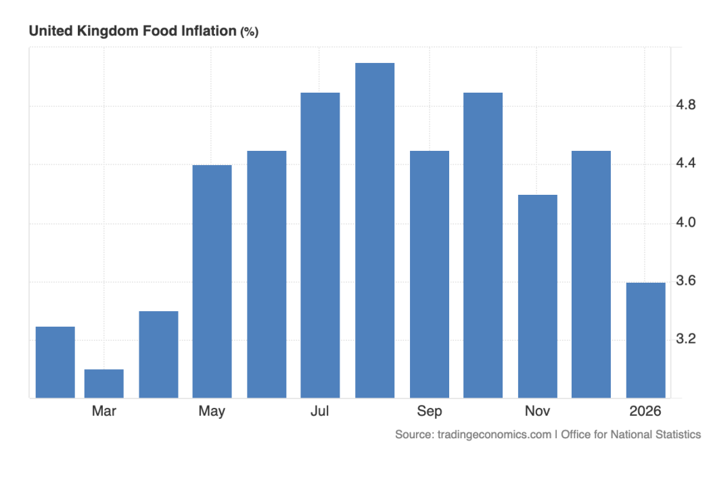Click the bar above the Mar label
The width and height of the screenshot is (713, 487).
pos(103,384)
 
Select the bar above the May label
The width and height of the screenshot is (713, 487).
pos(212,281)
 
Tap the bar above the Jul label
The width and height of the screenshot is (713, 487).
pos(320,245)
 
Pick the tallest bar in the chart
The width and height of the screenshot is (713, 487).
pos(375,230)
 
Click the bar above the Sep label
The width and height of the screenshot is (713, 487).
pos(429,274)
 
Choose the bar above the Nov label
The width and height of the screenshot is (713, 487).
pos(537,296)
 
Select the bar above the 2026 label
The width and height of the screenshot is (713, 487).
pos(645,340)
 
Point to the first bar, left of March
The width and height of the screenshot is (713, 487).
pos(55,362)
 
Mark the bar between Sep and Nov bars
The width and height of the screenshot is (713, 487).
pos(483,245)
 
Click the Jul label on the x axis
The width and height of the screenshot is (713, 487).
pos(320,411)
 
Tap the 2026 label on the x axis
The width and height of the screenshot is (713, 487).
pos(645,411)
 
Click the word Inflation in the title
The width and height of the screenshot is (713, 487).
pos(209,31)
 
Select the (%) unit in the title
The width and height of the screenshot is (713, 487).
pos(249,32)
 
